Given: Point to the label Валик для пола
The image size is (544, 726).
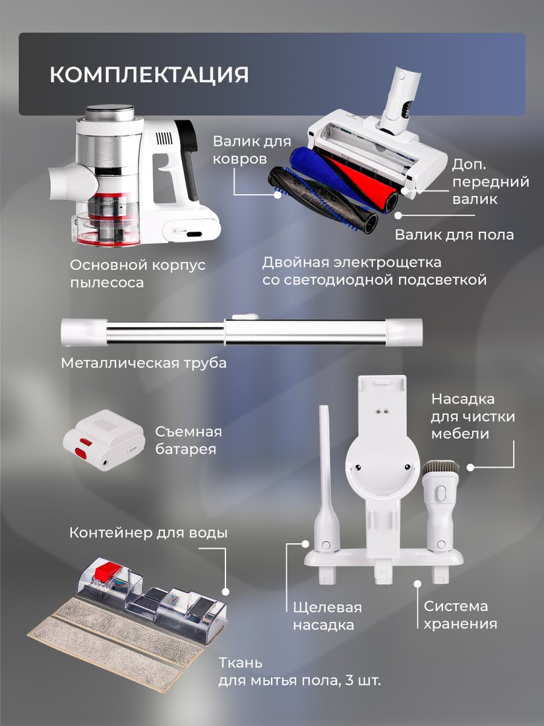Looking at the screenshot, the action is pyautogui.click(x=454, y=234).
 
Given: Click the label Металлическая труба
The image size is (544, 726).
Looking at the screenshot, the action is pyautogui.click(x=144, y=362).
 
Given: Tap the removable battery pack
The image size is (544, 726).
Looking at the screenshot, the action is pyautogui.click(x=104, y=440).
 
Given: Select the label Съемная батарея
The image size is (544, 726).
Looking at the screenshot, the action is pyautogui.click(x=189, y=440).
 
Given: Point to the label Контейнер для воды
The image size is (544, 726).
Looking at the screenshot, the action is pyautogui.click(x=148, y=533).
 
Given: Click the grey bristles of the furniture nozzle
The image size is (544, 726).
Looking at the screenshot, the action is pyautogui.click(x=440, y=469).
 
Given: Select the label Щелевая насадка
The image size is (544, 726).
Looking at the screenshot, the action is pyautogui.click(x=328, y=616).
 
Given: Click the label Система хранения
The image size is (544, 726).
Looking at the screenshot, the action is pyautogui.click(x=460, y=615).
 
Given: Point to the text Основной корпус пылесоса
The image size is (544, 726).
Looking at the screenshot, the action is pyautogui.click(x=138, y=274).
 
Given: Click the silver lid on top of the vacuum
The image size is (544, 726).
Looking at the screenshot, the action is pyautogui.click(x=109, y=112).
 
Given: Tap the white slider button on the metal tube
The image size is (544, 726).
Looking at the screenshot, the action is pyautogui.click(x=245, y=317).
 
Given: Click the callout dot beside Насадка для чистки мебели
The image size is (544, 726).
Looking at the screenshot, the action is pyautogui.click(x=470, y=468).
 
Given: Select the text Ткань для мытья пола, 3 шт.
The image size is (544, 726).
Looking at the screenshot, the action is pyautogui.click(x=300, y=672).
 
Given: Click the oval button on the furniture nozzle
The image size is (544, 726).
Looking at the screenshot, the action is pyautogui.click(x=441, y=494).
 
